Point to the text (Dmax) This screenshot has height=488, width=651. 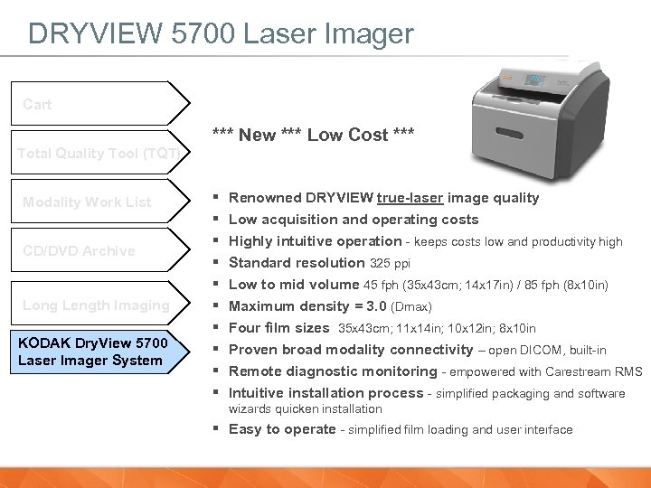coord(410,307)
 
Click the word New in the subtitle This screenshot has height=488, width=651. coord(257,135)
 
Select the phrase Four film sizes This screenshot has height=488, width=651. coord(278,328)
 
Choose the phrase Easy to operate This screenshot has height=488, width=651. coord(282,429)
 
